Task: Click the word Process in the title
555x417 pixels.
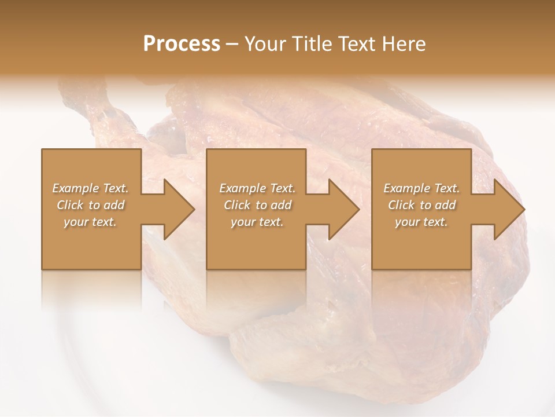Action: click(x=182, y=44)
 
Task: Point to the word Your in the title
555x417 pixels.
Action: click(x=266, y=44)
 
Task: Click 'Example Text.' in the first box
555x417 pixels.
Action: click(x=91, y=188)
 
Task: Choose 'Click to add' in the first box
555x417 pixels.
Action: click(x=91, y=205)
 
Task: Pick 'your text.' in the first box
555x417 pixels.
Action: click(x=91, y=222)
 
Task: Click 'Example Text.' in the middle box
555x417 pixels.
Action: click(x=257, y=188)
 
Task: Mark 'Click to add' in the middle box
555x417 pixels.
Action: click(x=257, y=205)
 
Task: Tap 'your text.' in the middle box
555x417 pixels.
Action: click(x=257, y=222)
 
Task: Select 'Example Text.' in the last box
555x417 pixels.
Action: click(x=421, y=188)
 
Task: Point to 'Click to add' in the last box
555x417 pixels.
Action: click(x=421, y=205)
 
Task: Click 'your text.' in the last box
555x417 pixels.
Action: click(x=421, y=222)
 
